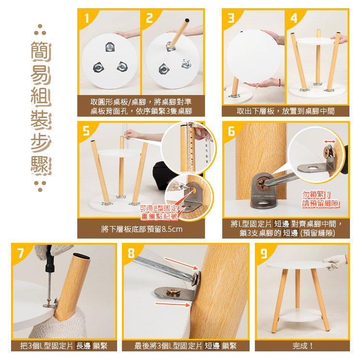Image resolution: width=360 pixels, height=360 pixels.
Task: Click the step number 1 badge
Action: coord(86,18)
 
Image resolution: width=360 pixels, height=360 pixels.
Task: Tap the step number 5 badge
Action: coord(86,131)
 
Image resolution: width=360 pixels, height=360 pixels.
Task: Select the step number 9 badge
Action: coord(264,253)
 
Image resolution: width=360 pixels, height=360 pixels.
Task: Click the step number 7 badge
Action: coord(21,253)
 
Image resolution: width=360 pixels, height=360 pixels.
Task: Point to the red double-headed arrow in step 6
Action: coord(330,142)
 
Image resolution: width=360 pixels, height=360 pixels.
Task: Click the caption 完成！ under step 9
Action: coord(302,346)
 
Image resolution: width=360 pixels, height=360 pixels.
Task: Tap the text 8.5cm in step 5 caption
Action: coord(172,229)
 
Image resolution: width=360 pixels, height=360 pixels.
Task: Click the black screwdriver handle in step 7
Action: coord(49,259)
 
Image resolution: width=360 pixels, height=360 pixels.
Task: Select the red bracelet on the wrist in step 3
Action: coord(279,82)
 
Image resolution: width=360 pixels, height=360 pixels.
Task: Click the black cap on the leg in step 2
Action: coord(187,20)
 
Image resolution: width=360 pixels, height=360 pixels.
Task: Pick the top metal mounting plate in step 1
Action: coord(110,47)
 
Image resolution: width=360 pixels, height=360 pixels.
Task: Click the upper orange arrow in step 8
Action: coord(181,264)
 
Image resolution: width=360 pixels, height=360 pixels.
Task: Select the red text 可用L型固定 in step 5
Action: coord(159,208)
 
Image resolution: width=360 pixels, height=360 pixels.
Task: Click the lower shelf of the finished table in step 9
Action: coord(300,315)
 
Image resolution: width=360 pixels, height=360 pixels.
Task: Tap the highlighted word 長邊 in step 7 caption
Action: coord(84,346)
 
